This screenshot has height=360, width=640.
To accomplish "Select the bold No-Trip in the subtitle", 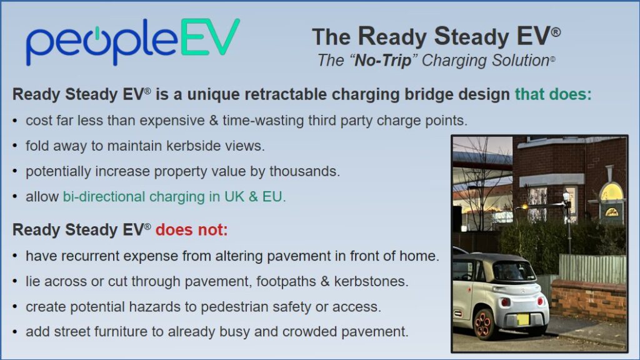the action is pyautogui.click(x=383, y=61).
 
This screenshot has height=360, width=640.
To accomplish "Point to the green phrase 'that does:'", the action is pyautogui.click(x=553, y=94).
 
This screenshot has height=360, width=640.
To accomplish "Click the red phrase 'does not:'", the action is pyautogui.click(x=191, y=230).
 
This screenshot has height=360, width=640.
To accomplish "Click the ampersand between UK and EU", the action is pyautogui.click(x=253, y=197).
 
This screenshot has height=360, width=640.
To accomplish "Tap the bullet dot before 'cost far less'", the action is pyautogui.click(x=15, y=121).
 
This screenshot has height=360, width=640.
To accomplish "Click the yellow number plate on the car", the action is pyautogui.click(x=523, y=319).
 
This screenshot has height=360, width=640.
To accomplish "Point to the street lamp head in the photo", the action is pyautogui.click(x=566, y=197).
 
